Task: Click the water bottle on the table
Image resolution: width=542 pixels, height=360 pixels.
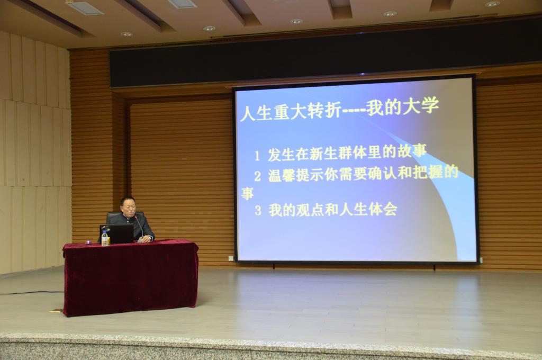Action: (x=105, y=238)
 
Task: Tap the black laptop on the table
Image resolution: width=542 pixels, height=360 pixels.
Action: (x=117, y=234)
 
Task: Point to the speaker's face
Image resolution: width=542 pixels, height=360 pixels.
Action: (x=128, y=207)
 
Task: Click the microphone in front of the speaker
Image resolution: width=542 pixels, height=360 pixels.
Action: (x=139, y=227)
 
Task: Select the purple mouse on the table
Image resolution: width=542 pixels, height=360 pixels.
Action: (x=88, y=242)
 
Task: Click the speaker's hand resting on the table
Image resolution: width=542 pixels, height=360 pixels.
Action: (x=147, y=239)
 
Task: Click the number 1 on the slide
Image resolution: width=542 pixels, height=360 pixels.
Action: (x=257, y=156)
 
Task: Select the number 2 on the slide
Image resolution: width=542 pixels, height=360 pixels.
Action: (x=258, y=176)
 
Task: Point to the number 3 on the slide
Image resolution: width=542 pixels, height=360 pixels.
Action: (x=258, y=210)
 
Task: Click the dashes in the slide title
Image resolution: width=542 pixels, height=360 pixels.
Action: (x=353, y=111)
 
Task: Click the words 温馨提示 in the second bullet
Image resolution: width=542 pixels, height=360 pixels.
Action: (x=296, y=176)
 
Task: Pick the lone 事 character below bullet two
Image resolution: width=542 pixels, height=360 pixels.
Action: (x=248, y=194)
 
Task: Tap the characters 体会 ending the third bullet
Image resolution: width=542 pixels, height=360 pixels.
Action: (x=383, y=209)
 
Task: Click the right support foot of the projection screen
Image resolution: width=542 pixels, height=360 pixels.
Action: (x=435, y=267)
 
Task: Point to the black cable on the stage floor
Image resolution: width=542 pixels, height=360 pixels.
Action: (x=32, y=293)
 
